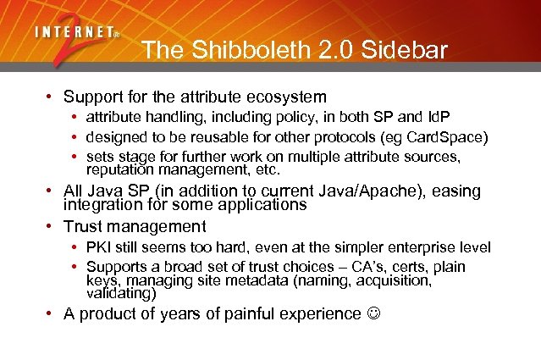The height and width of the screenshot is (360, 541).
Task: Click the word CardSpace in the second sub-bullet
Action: [445, 137]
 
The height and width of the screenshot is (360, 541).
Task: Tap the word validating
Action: [121, 294]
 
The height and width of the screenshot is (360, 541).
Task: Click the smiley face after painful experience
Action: [373, 314]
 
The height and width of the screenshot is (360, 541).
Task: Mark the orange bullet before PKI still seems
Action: [76, 248]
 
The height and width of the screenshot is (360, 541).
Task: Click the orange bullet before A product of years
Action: [52, 314]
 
